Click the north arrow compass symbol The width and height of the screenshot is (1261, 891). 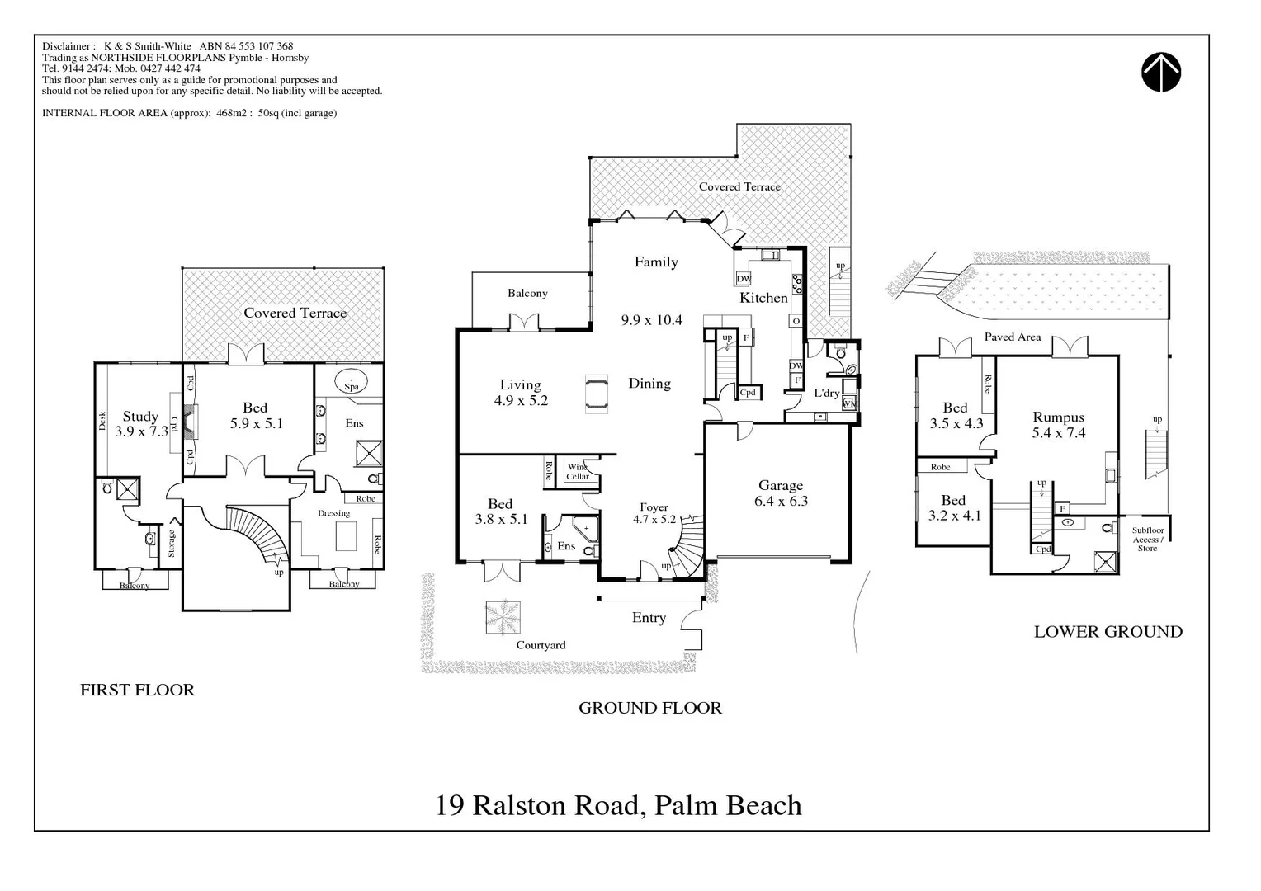point(1161,73)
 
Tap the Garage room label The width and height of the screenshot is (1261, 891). point(781,486)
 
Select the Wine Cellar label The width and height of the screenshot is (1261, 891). point(578,472)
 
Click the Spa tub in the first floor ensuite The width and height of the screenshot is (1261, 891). point(352,384)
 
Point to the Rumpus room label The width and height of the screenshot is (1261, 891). point(1058,417)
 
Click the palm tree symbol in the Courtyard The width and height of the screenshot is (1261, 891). point(503,617)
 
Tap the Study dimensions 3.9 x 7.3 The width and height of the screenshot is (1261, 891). point(141,431)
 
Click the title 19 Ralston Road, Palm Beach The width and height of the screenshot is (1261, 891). point(618,805)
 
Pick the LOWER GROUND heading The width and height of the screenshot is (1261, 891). point(1108,632)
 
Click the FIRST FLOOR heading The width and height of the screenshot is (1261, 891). point(137,691)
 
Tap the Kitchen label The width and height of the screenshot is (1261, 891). point(763,298)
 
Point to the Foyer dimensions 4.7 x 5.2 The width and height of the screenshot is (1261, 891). point(654,520)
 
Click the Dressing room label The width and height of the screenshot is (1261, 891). point(334,513)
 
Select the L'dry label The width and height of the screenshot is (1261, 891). point(826,394)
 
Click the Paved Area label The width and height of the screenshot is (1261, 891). point(1012,337)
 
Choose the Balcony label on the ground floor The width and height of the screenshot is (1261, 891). point(527,294)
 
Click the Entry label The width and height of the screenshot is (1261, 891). point(649,618)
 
